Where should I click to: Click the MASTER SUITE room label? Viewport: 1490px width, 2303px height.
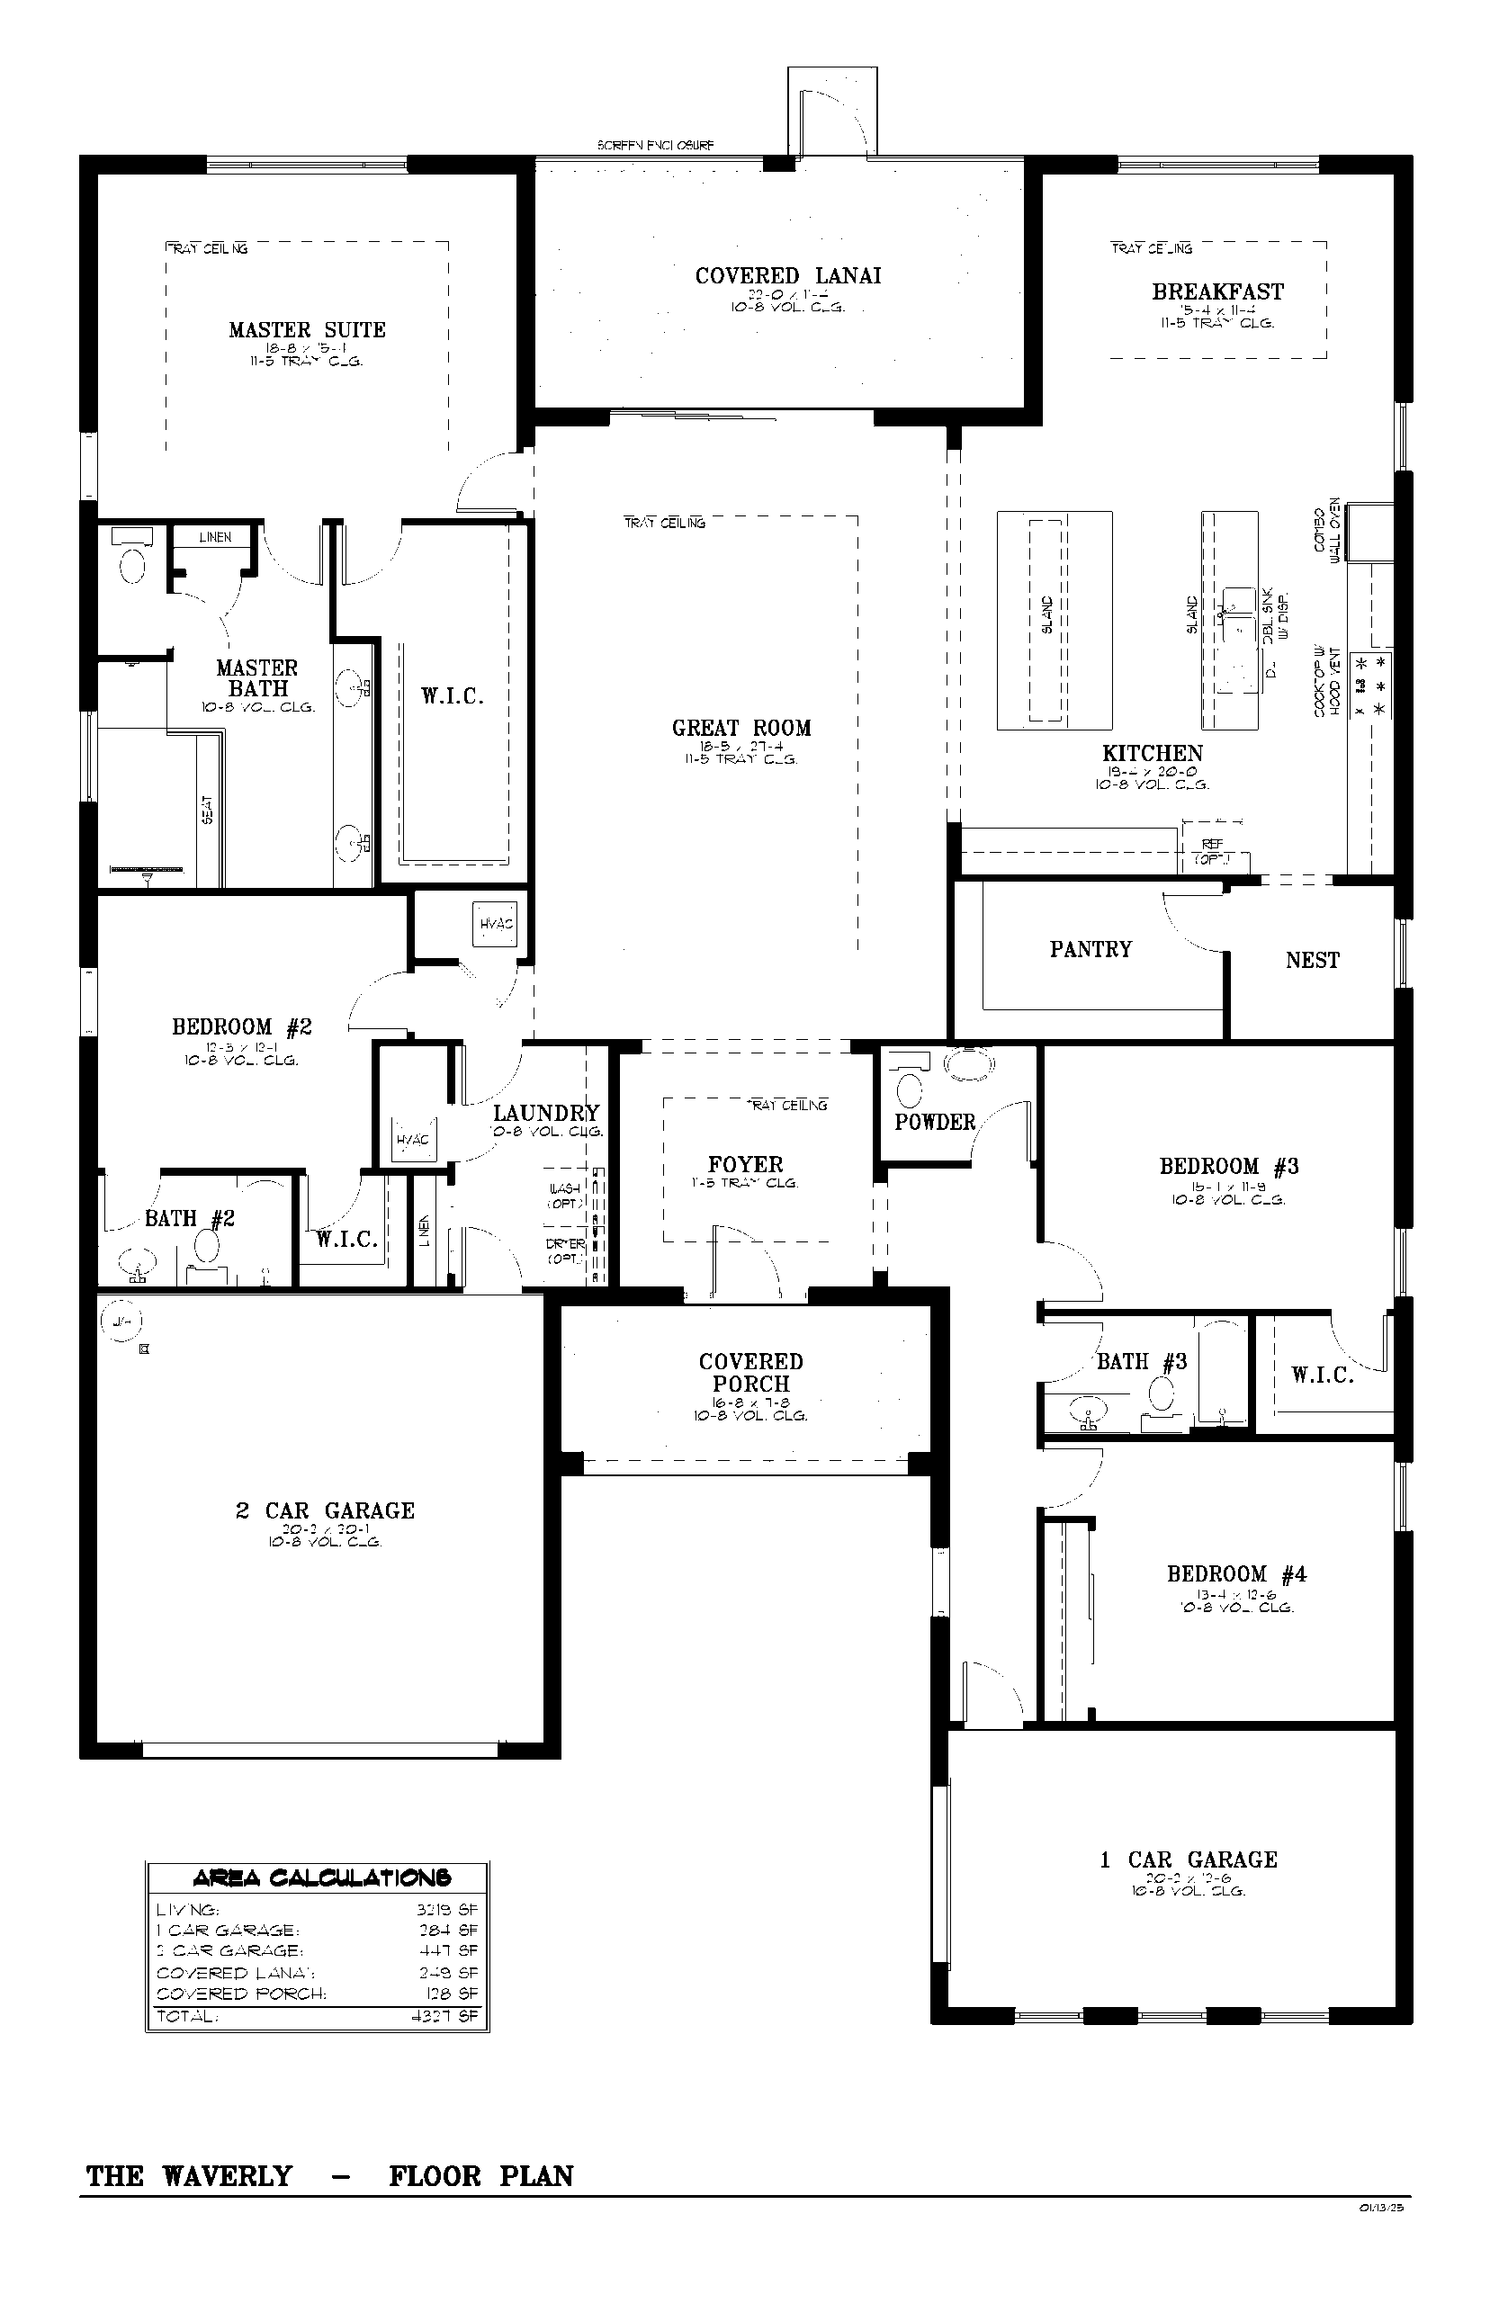(x=307, y=330)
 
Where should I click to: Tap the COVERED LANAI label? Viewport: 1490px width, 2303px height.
(x=787, y=275)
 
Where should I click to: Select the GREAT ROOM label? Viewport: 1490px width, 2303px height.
(x=741, y=729)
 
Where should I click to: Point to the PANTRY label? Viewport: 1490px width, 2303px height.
(x=1091, y=949)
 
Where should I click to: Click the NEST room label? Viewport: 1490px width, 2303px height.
(x=1312, y=961)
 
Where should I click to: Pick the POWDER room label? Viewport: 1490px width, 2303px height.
(x=934, y=1122)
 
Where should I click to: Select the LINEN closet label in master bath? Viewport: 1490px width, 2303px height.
(x=215, y=537)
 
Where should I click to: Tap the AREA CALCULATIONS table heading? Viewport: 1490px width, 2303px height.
(x=320, y=1877)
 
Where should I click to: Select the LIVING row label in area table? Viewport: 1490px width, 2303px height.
(x=188, y=1910)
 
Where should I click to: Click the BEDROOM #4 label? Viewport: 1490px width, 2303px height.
(x=1235, y=1573)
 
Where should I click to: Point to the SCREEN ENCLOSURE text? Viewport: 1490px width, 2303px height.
(x=655, y=146)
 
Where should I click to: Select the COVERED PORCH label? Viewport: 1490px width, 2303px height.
(x=749, y=1373)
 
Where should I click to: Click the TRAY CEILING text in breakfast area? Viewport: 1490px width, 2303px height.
(x=1151, y=248)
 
